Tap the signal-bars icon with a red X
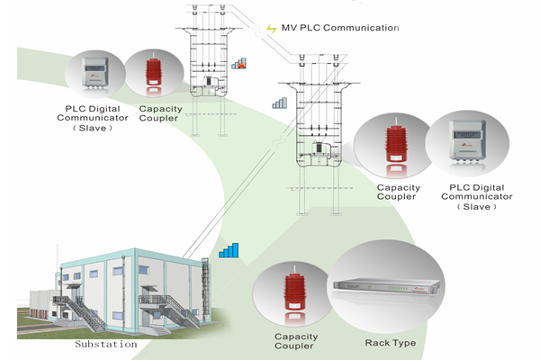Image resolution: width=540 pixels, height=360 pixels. pyautogui.click(x=240, y=64)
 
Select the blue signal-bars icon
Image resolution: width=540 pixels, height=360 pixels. pyautogui.click(x=231, y=248)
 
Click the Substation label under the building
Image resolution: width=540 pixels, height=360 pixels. pyautogui.click(x=105, y=343)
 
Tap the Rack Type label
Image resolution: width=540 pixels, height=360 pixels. pyautogui.click(x=389, y=343)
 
